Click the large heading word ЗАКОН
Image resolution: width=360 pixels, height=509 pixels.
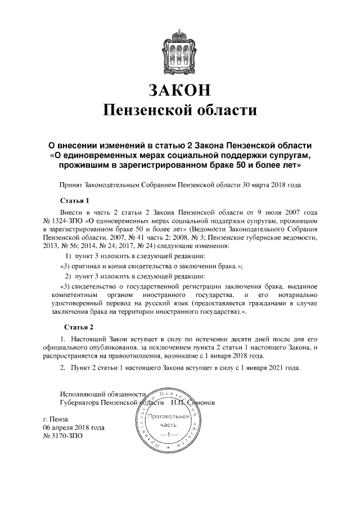(x=180, y=89)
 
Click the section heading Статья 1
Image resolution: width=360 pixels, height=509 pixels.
(x=75, y=200)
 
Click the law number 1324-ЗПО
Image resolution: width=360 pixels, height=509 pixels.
(x=68, y=222)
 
